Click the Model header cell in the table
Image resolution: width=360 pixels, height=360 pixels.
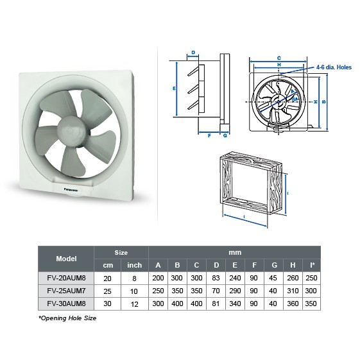coord(66,259)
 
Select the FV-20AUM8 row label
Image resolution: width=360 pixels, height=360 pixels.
coord(66,278)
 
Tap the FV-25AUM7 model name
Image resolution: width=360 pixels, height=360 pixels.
coord(66,290)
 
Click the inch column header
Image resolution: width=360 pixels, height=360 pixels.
coord(134,265)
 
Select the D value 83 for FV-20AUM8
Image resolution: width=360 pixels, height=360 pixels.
coord(216,278)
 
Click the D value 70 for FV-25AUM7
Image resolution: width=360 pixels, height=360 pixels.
coord(216,290)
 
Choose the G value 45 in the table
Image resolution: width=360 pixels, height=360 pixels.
coord(275,278)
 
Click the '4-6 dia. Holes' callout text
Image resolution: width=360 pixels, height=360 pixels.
coord(333,66)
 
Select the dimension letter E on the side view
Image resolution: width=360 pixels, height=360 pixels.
coord(174,88)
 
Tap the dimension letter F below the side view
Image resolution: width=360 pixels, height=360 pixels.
coord(210,135)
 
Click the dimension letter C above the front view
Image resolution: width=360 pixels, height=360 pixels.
coord(279,58)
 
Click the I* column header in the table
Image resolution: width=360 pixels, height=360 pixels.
coord(313,265)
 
